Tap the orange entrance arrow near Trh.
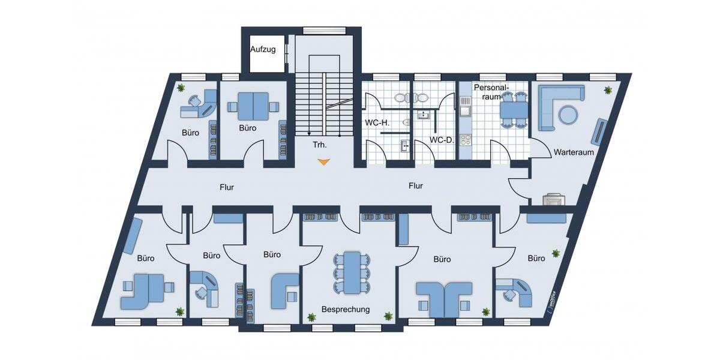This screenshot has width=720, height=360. coord(324,161)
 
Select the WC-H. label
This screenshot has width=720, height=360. coord(377,123)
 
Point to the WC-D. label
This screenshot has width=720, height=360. coord(440,140)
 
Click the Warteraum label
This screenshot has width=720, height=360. coord(574,152)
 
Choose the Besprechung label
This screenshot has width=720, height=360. coord(346,310)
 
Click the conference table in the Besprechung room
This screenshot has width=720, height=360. coord(350,272)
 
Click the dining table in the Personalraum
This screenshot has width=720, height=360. coord(514,110)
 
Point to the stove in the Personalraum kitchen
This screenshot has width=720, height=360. coord(465,140)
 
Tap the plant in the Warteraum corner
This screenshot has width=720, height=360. coord(608,90)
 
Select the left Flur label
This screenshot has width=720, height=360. coord(226,187)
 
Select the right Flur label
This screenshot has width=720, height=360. coord(416,186)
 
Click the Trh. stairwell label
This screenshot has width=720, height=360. coord(319,145)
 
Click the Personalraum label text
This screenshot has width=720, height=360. coord(492,92)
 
